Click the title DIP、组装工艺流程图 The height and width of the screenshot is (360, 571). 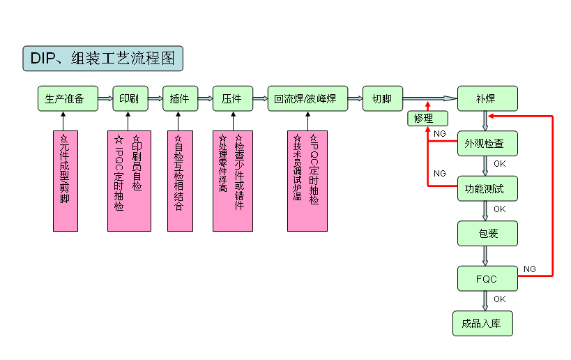click(102, 59)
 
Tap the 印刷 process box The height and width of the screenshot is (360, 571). click(130, 98)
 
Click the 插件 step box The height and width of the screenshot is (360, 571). click(180, 98)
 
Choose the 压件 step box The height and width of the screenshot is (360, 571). click(231, 98)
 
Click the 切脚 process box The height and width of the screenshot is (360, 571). click(382, 98)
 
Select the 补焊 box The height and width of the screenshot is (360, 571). click(487, 98)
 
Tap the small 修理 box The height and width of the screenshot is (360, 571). click(423, 119)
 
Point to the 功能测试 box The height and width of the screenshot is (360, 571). click(487, 188)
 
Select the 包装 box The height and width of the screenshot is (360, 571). click(487, 233)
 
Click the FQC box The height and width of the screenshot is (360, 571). click(487, 278)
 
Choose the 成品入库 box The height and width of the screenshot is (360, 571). click(482, 323)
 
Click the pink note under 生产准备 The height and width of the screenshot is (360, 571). click(66, 180)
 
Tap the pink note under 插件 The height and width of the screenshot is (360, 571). click(180, 180)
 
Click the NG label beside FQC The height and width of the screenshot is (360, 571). click(530, 269)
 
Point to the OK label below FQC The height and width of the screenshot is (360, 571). click(500, 299)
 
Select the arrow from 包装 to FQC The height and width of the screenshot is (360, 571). click(486, 255)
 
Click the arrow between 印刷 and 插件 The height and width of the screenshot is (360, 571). click(155, 98)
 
